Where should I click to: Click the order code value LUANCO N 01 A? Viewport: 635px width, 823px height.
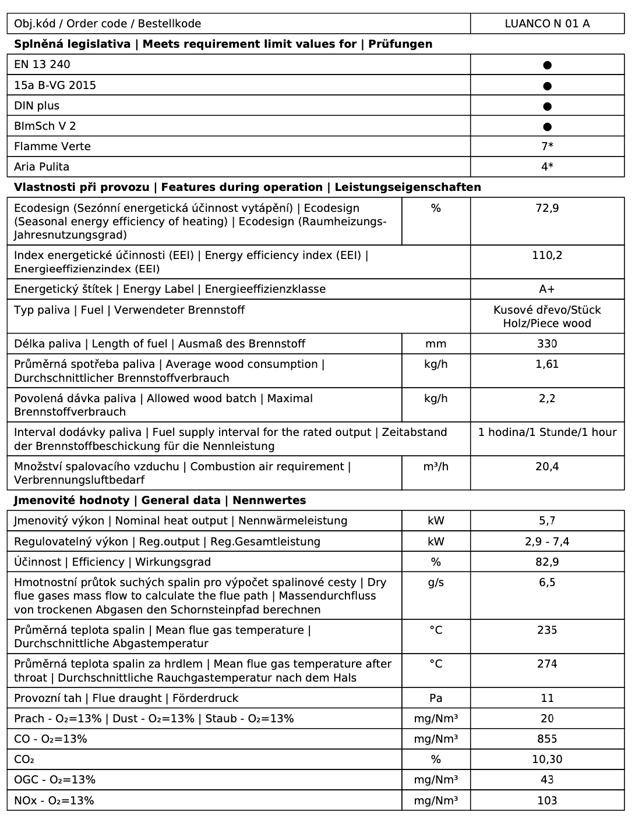(547, 24)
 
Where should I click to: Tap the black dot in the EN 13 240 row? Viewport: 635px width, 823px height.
(547, 65)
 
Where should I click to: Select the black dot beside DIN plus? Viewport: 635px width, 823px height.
(547, 107)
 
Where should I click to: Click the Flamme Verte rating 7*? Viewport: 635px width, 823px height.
(547, 147)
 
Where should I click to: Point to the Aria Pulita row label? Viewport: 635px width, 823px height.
(41, 167)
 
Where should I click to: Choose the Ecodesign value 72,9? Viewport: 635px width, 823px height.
(547, 208)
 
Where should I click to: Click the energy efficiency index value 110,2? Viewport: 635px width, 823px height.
(547, 256)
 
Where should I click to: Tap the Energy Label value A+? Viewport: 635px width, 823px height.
(547, 289)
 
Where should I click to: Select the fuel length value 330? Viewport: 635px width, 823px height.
(547, 344)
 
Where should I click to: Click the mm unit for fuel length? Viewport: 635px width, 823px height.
(436, 344)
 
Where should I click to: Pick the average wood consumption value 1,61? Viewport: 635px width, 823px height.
(547, 364)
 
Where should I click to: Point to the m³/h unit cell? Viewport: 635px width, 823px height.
(436, 467)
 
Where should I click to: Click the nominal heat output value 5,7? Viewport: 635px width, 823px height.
(547, 521)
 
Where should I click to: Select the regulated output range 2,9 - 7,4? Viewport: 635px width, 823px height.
(547, 542)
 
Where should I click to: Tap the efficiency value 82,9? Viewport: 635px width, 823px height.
(547, 562)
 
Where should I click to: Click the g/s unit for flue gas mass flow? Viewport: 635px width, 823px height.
(436, 583)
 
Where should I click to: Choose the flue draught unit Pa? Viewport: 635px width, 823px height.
(436, 698)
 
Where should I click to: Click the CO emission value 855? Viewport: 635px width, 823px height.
(547, 739)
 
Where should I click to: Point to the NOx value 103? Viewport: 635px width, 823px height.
(547, 801)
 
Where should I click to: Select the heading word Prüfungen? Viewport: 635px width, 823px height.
(400, 44)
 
